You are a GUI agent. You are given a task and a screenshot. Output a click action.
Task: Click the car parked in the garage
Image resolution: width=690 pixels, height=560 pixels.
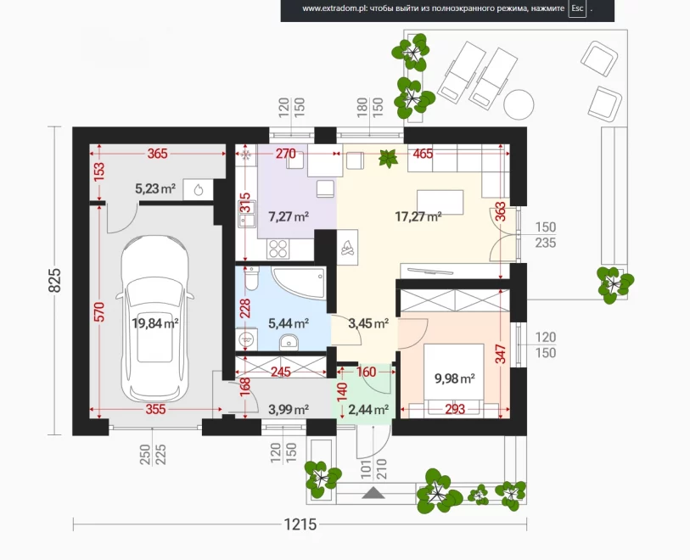click(x=154, y=319)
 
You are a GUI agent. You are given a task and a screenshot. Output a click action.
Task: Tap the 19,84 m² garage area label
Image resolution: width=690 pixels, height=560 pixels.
click(x=155, y=324)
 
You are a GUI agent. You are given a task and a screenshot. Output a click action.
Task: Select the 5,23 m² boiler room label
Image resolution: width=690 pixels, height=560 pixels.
click(x=155, y=189)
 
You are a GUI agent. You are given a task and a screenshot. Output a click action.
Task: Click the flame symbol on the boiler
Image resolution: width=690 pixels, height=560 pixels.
click(x=199, y=190)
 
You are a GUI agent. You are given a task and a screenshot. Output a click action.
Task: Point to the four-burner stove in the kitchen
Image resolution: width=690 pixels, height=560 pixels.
click(x=278, y=249)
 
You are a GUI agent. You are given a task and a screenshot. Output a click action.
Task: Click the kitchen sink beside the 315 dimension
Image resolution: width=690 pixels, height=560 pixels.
click(x=247, y=214)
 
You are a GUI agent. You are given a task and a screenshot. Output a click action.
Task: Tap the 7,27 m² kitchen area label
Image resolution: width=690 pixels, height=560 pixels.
click(x=289, y=216)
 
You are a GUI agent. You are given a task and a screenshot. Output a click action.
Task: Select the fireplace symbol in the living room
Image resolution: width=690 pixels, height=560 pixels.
click(x=348, y=247)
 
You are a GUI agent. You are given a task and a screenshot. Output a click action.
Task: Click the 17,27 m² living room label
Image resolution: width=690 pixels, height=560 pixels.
click(x=418, y=216)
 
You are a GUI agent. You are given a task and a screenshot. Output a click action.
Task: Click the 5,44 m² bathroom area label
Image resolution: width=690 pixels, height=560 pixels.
click(x=289, y=324)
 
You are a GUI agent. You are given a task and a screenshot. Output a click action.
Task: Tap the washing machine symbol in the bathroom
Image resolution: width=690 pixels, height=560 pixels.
click(x=246, y=339)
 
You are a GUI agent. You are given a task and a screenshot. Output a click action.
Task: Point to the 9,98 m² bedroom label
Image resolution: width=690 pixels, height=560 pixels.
click(x=455, y=378)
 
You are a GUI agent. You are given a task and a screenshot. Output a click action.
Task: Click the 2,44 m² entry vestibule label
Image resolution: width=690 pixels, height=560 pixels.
click(x=368, y=410)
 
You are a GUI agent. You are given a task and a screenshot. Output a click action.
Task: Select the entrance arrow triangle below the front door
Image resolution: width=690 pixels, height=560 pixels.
click(x=373, y=493)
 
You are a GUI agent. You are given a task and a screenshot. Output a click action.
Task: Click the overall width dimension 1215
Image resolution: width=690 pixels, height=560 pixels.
click(x=300, y=524)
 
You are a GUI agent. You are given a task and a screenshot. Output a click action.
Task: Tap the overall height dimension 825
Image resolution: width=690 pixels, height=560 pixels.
click(x=54, y=280)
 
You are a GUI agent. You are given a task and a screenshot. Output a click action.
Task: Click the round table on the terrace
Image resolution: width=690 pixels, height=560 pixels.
click(x=519, y=104)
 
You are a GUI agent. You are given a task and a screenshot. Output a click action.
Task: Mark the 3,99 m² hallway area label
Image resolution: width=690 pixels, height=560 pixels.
click(x=289, y=410)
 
